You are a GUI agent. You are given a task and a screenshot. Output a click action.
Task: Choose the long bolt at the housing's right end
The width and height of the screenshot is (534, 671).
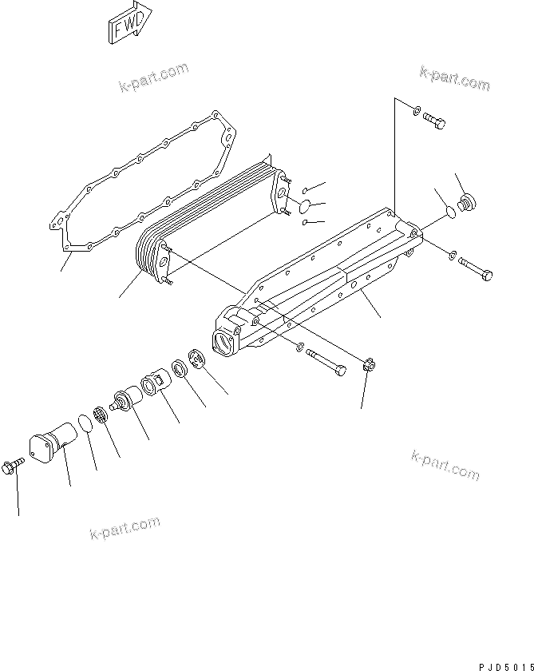(477, 269)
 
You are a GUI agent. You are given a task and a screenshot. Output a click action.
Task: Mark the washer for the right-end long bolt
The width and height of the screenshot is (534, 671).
(453, 256)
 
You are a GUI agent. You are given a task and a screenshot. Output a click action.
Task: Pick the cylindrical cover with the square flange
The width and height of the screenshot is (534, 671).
(51, 443)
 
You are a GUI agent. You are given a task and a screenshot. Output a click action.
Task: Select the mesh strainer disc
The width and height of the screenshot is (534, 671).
(101, 414)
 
